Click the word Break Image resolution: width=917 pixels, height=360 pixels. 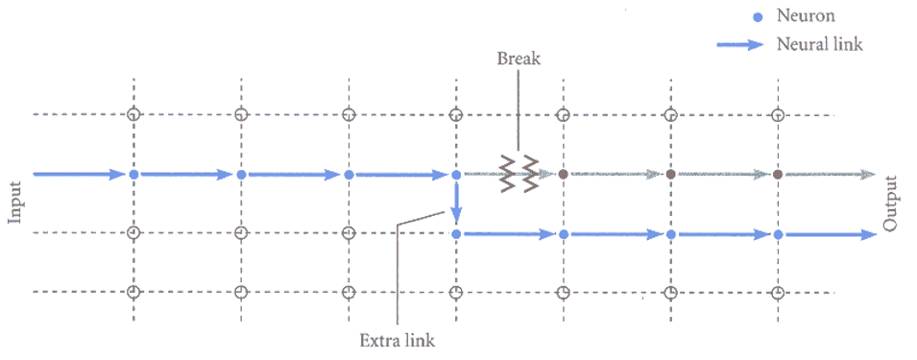[x=519, y=59]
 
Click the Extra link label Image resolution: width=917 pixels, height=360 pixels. [x=397, y=339]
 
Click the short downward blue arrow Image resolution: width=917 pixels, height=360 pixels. [x=456, y=204]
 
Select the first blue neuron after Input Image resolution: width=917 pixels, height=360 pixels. [x=134, y=174]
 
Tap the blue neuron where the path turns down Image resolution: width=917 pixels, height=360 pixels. [x=456, y=174]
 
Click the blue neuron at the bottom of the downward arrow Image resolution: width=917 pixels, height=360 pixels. [x=456, y=233]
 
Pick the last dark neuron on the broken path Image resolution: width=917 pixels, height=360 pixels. [x=778, y=174]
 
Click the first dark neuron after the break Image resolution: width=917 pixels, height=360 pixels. [x=564, y=174]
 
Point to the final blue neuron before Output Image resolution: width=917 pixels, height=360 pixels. [x=778, y=233]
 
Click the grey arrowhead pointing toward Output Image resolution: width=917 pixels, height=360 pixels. [x=868, y=174]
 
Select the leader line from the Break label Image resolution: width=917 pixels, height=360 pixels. [x=519, y=106]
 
